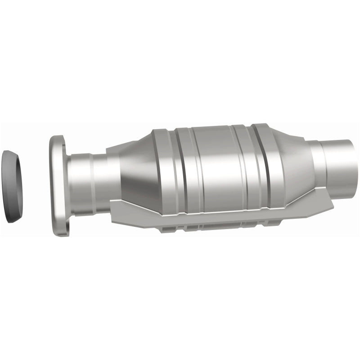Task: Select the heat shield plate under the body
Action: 225,220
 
